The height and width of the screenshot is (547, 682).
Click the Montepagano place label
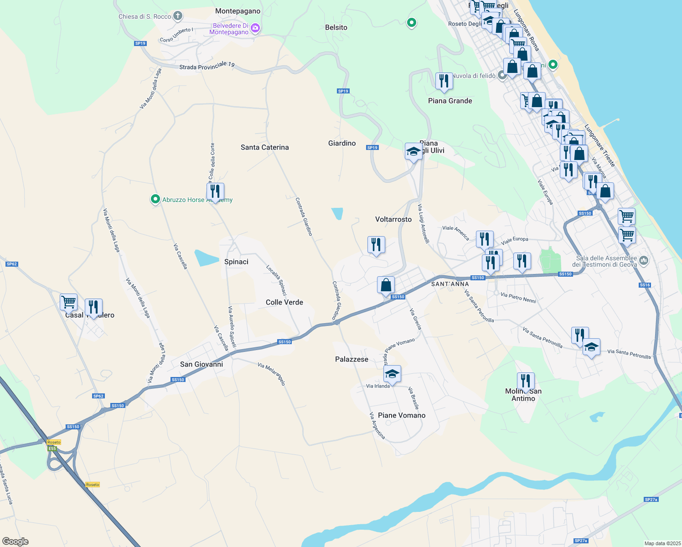(238, 11)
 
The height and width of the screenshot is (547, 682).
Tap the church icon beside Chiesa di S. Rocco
(177, 16)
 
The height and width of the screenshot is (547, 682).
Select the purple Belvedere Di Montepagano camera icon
(255, 28)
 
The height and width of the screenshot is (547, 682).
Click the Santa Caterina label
(264, 147)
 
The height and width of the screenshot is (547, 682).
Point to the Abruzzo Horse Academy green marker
(155, 199)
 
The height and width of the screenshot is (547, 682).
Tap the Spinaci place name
(236, 262)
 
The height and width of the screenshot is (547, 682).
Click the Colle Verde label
(284, 302)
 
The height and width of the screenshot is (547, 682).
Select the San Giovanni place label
(201, 364)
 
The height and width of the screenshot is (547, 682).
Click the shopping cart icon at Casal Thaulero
(68, 301)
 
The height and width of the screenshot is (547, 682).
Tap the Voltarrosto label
(393, 219)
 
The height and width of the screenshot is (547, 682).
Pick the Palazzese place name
(351, 359)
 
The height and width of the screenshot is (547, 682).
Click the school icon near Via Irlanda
(392, 374)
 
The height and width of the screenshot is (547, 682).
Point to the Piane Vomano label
(402, 415)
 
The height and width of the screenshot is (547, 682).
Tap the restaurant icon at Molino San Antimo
(526, 381)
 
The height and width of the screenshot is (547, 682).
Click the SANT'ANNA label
(450, 284)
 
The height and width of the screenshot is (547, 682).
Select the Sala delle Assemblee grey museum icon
(644, 261)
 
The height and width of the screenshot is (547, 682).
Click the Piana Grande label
(450, 101)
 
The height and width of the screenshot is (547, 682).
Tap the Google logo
(15, 542)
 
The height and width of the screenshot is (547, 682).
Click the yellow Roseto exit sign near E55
(54, 442)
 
